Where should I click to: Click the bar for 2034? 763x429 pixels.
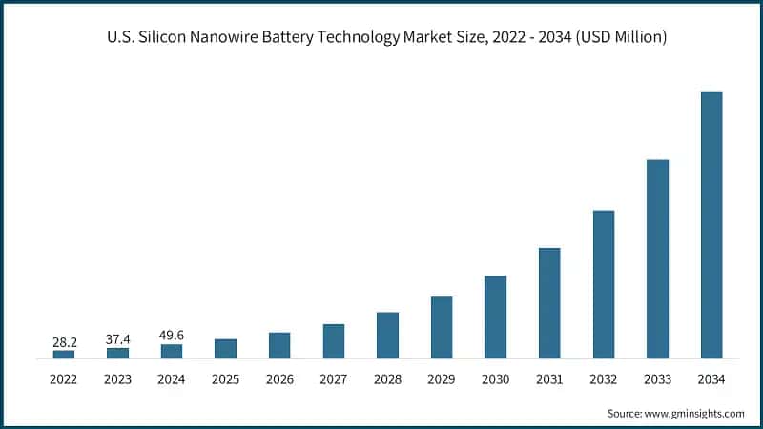point(711,225)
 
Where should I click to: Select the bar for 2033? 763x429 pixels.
point(657,259)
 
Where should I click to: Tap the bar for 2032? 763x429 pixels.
point(604,284)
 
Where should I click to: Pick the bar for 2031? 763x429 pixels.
point(549,303)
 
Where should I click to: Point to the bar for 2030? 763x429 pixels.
point(495,317)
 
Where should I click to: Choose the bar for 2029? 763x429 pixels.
point(441,328)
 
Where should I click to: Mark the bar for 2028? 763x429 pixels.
point(387,336)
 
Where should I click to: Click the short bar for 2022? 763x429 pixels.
point(63,354)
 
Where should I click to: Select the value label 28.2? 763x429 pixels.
point(63,340)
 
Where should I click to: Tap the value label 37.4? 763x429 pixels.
point(117,337)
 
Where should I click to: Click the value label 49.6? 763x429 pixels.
point(172,335)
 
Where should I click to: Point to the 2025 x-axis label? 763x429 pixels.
point(225,379)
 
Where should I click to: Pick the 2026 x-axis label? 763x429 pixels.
point(279,379)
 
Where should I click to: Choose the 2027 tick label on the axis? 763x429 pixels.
point(333,379)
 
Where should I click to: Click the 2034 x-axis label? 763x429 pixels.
point(711,379)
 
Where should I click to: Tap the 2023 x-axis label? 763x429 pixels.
point(117,379)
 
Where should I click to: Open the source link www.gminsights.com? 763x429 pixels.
point(693,413)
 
